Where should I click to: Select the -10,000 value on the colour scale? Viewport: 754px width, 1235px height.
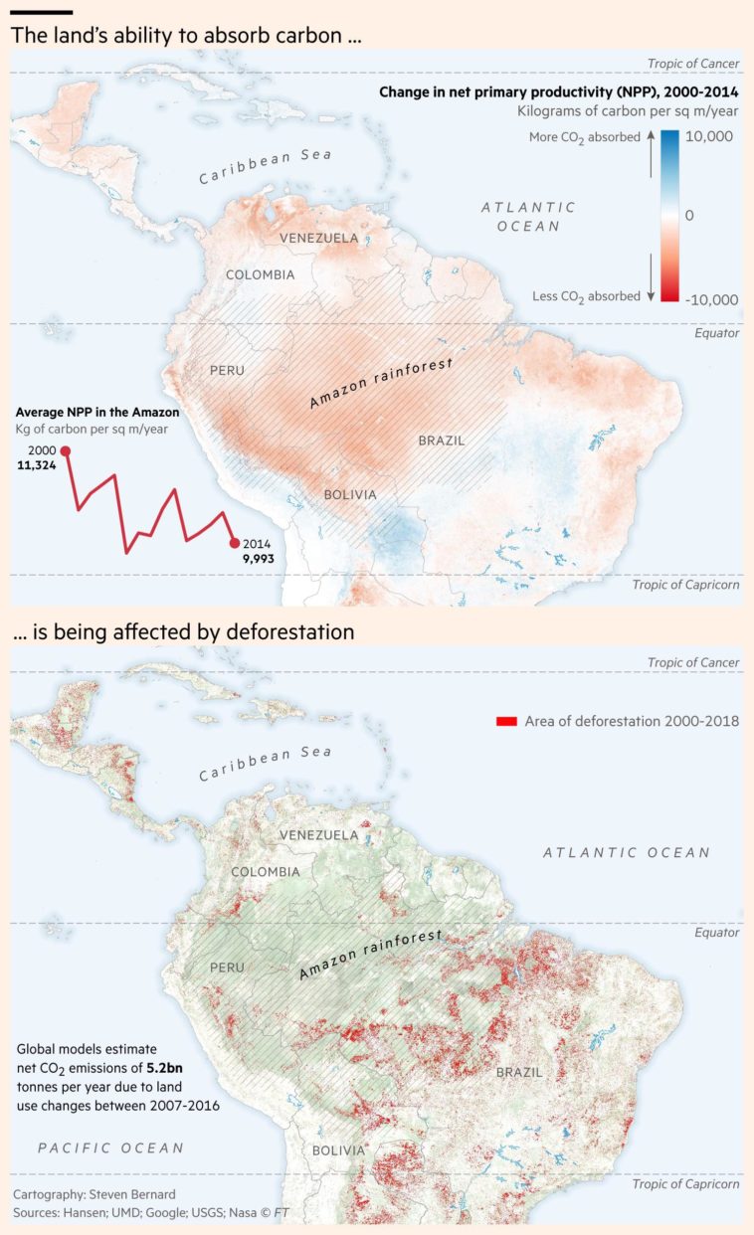point(712,299)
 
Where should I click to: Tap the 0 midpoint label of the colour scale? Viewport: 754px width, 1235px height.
point(689,215)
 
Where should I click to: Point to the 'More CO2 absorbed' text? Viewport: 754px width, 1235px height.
point(584,137)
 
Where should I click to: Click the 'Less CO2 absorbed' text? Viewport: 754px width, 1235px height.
point(586,296)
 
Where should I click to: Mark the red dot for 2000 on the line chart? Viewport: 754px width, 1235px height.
point(66,451)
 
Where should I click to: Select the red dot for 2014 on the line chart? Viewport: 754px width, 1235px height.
point(235,543)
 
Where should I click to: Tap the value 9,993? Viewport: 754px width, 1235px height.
point(258,559)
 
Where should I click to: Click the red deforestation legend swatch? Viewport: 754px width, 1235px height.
point(505,721)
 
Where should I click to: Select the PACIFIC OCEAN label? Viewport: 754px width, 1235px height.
point(110,1147)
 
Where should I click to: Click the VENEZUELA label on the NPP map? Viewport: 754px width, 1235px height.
point(318,239)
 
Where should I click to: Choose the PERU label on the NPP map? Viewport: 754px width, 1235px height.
point(226,371)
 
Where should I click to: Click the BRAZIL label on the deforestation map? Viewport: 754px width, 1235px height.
point(519,1073)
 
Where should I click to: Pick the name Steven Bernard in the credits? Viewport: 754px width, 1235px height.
point(131,1193)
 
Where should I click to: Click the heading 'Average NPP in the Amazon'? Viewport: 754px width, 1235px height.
point(96,412)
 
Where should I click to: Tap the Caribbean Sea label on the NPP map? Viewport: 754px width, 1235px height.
point(265,166)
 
